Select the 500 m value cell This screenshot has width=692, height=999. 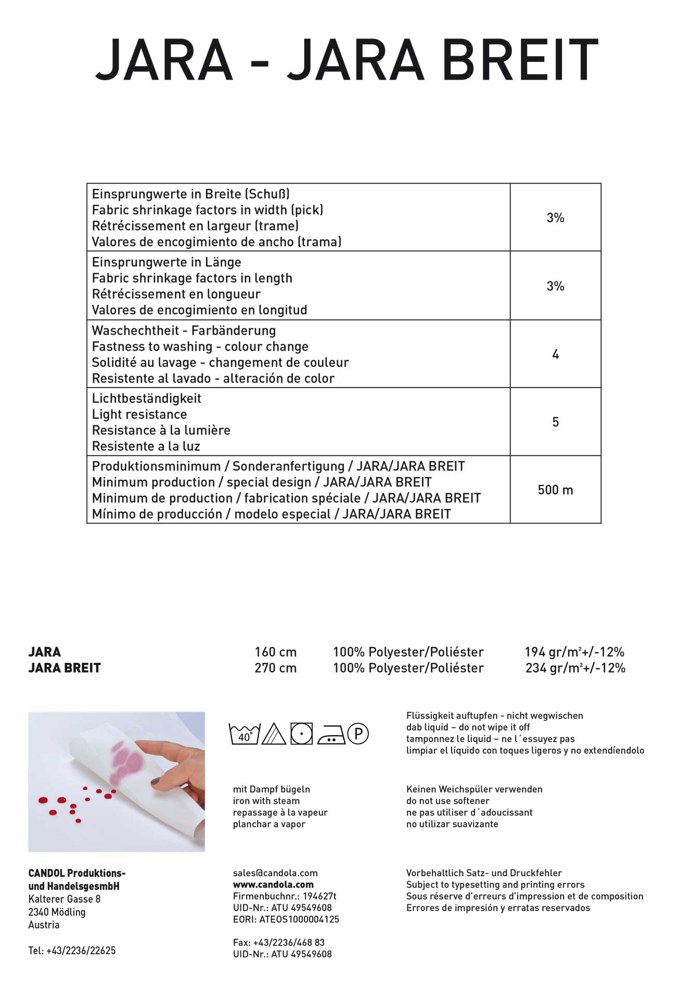555,490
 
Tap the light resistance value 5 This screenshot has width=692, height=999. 555,422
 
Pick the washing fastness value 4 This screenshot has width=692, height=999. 555,354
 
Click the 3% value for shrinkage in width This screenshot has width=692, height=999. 555,218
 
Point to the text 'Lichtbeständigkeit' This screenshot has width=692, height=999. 146,399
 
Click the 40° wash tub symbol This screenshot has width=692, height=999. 244,734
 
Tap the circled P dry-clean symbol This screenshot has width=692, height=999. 358,734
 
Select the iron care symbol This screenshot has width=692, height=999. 331,735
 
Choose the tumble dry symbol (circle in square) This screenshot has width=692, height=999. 302,734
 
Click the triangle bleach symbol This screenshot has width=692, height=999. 274,734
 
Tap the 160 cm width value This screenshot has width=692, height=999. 275,652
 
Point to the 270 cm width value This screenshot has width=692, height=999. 275,668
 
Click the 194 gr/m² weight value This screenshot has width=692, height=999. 574,652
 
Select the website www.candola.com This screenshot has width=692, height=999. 273,885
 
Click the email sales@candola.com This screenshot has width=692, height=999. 275,873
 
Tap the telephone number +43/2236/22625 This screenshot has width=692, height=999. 81,951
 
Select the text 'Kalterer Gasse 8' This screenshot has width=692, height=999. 65,899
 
